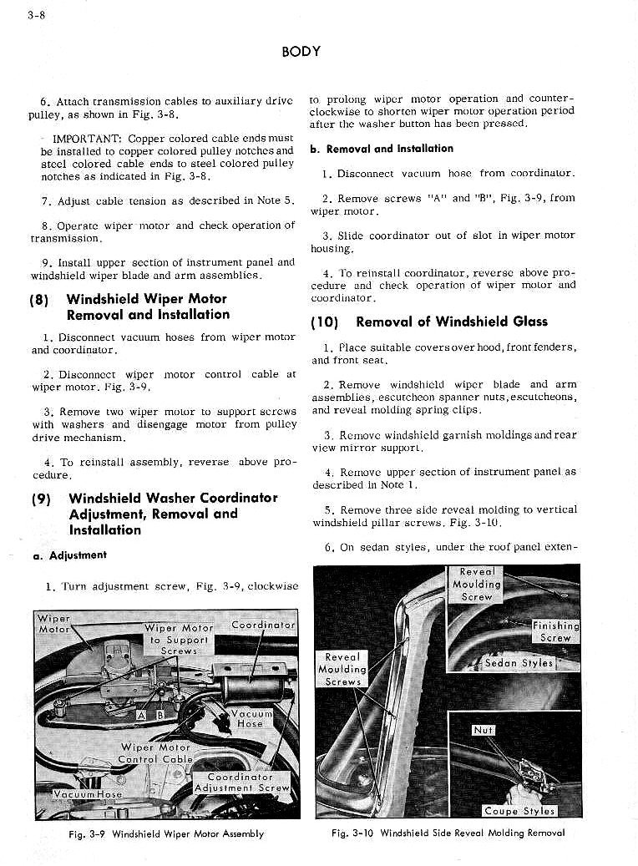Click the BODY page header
tap(301, 51)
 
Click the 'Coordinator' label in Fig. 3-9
tap(263, 625)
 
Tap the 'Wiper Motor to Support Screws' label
tap(179, 639)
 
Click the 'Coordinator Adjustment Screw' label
tap(241, 782)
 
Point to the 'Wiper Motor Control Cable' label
tap(155, 753)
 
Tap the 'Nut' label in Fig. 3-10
tap(484, 730)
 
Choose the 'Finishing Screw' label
tap(555, 631)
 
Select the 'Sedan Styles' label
tap(519, 663)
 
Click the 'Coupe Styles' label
tap(519, 811)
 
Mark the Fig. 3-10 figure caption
tap(448, 833)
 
